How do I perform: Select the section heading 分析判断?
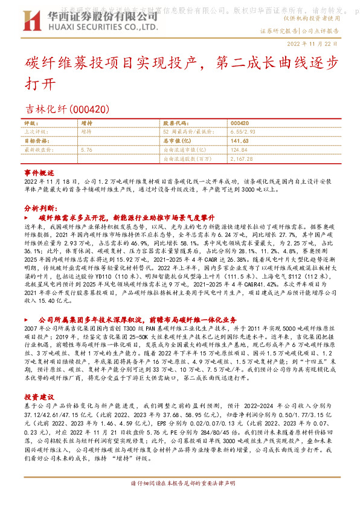39,207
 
